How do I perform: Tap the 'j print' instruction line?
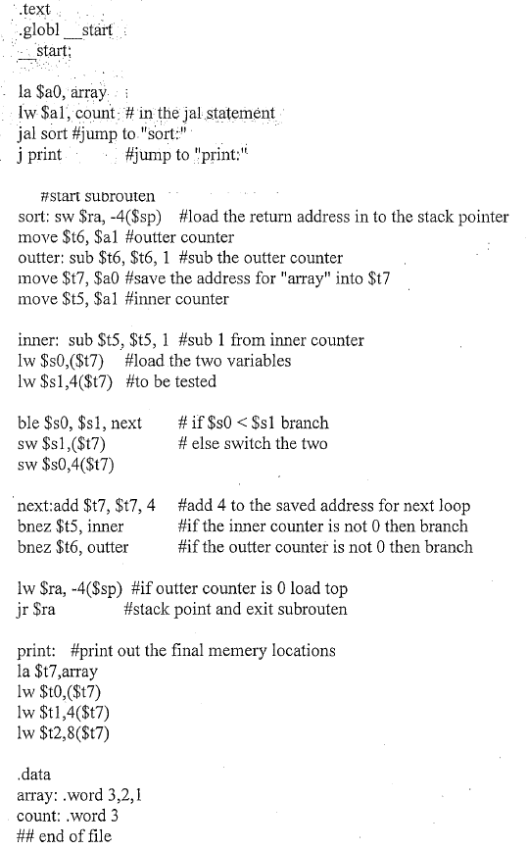[39, 155]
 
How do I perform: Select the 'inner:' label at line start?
[40, 340]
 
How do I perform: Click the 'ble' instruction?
[29, 423]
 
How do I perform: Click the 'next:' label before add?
[37, 506]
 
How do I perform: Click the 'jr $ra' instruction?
[39, 609]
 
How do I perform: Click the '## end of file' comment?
[65, 835]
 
